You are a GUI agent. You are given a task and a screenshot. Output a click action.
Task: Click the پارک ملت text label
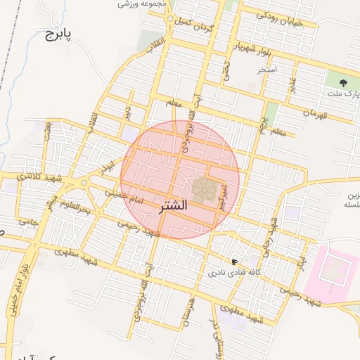344,94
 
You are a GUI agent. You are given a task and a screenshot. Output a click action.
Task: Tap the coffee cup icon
234,262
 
